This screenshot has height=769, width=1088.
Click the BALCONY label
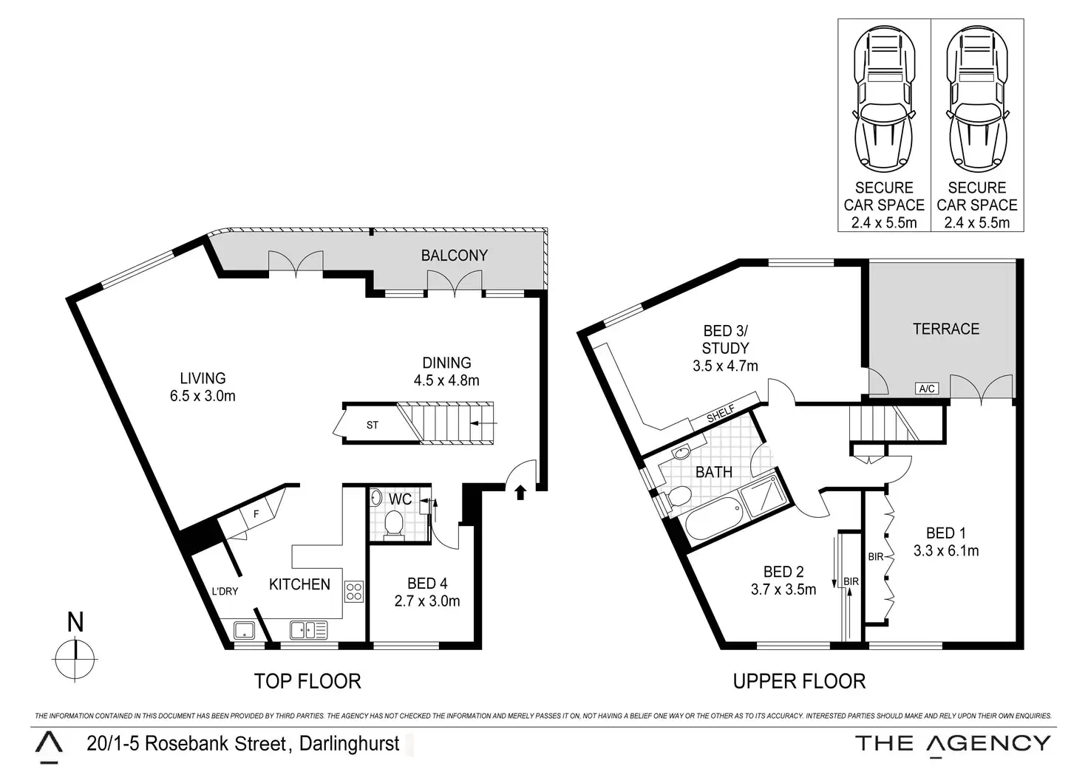coord(454,256)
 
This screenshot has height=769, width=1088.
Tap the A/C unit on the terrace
coord(927,389)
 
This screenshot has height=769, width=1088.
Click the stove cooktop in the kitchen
coord(354,592)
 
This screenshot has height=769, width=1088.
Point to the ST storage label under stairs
coord(372,425)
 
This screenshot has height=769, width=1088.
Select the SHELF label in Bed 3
coord(721,414)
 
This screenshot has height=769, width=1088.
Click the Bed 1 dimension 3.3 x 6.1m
coord(945,550)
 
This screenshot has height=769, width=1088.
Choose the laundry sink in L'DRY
coord(244,631)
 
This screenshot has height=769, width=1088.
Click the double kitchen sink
coord(308,630)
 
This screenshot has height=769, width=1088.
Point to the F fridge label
coord(256,514)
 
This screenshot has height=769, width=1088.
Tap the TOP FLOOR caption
coord(307,681)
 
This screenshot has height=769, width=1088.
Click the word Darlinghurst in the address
coord(349,743)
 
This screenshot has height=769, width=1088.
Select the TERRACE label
coord(945,329)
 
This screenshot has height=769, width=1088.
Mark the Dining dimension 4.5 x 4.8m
coord(446,380)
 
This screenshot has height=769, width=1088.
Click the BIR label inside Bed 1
coord(875,557)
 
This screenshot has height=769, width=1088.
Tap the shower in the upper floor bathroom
coord(762,496)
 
